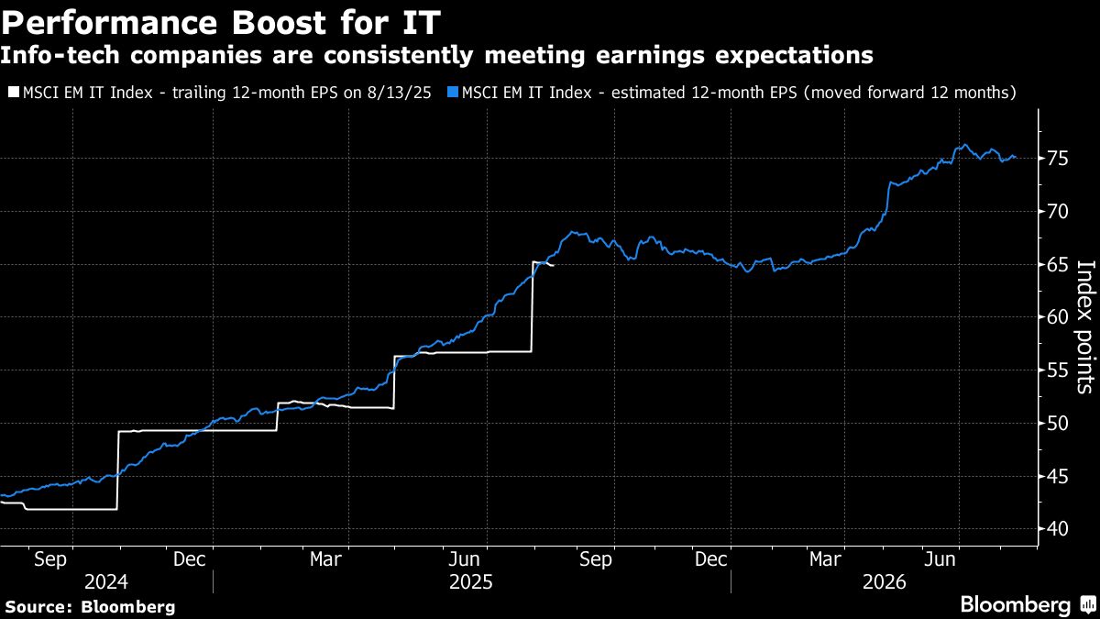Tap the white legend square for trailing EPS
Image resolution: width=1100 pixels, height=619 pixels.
(12, 93)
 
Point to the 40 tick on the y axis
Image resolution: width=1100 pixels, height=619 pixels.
(1058, 529)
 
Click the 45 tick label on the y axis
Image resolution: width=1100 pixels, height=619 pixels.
(1058, 476)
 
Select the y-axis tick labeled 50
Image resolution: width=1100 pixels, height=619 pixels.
(1058, 424)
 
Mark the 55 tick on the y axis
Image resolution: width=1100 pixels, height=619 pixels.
(1058, 370)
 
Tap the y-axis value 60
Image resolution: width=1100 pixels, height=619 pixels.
(1058, 317)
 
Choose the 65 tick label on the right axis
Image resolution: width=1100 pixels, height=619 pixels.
(1058, 265)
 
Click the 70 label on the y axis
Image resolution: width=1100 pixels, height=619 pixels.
(1058, 212)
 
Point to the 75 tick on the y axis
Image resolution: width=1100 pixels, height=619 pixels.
(1058, 159)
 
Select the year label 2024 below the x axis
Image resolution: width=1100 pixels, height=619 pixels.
(106, 582)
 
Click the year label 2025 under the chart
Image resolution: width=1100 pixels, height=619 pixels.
(471, 582)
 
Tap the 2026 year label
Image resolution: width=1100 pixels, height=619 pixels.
(883, 582)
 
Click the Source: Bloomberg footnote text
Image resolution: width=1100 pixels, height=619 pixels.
(90, 606)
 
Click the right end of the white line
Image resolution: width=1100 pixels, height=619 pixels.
(554, 265)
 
